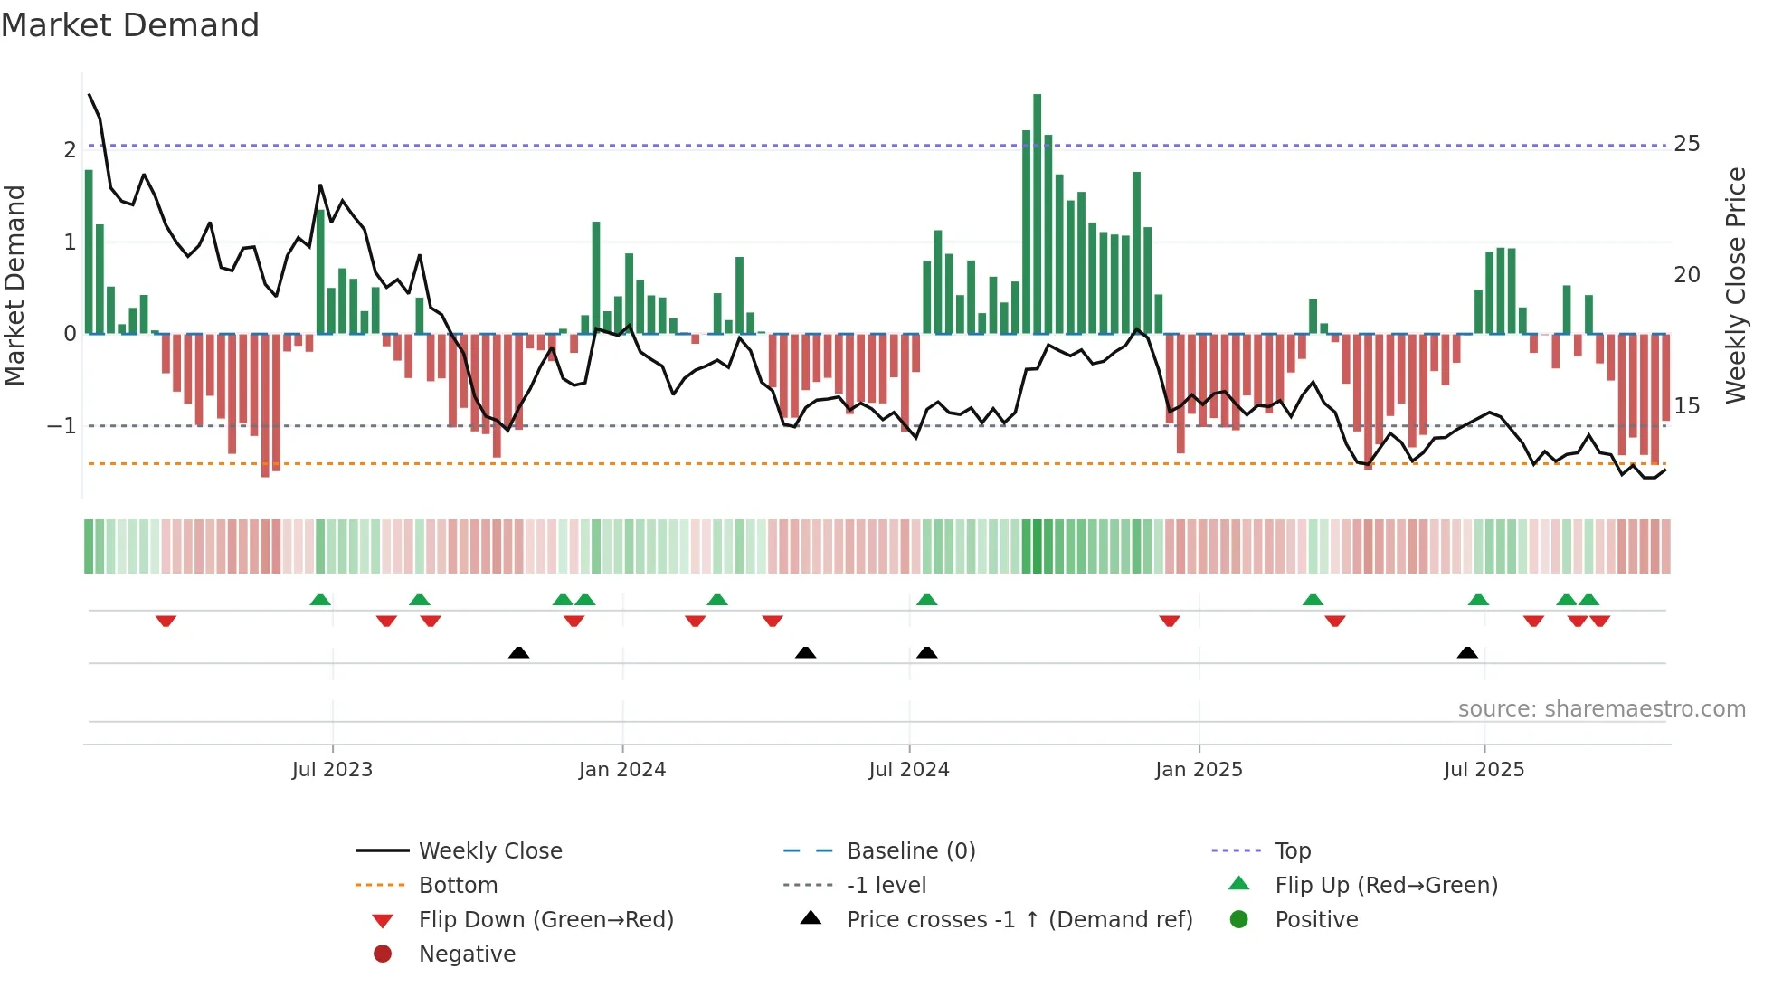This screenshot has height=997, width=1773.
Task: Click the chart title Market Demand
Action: pyautogui.click(x=130, y=24)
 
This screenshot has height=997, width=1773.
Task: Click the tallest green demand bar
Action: pyautogui.click(x=1038, y=213)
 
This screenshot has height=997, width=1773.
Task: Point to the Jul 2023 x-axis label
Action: pyautogui.click(x=332, y=770)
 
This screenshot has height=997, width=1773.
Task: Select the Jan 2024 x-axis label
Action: pyautogui.click(x=622, y=770)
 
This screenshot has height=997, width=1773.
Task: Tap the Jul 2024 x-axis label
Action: pyautogui.click(x=909, y=770)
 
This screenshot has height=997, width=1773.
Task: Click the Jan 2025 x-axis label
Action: pyautogui.click(x=1199, y=770)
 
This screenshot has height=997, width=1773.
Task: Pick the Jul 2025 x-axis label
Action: pyautogui.click(x=1484, y=770)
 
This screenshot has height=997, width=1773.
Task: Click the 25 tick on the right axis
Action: pyautogui.click(x=1687, y=144)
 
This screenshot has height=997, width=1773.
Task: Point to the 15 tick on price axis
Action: pyautogui.click(x=1687, y=405)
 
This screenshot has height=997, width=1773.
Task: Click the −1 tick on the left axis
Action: pyautogui.click(x=62, y=425)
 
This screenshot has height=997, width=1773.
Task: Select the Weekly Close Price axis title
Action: pyautogui.click(x=1736, y=285)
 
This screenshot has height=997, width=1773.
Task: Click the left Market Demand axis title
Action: pyautogui.click(x=14, y=285)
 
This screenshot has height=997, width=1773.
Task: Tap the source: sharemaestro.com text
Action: pyautogui.click(x=1601, y=708)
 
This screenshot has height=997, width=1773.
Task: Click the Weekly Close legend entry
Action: pyautogui.click(x=490, y=850)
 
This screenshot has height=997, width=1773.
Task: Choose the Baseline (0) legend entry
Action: pyautogui.click(x=911, y=850)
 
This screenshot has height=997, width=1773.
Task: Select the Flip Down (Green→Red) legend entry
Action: pyautogui.click(x=545, y=919)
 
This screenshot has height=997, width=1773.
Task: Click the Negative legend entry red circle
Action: pyautogui.click(x=383, y=954)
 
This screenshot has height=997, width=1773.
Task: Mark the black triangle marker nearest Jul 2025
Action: pyautogui.click(x=1467, y=652)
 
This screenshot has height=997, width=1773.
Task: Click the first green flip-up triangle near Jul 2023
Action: pyautogui.click(x=320, y=600)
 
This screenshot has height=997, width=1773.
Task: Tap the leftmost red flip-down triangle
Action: pyautogui.click(x=166, y=621)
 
